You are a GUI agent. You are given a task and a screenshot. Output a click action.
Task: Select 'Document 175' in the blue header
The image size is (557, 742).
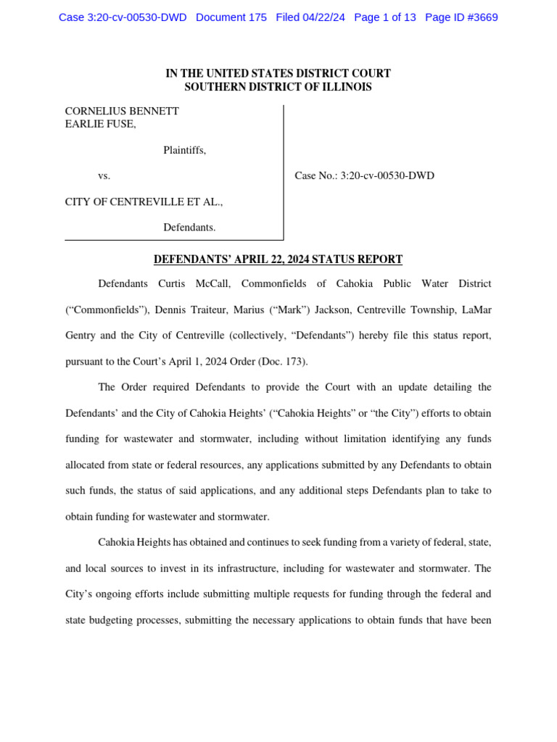(x=231, y=17)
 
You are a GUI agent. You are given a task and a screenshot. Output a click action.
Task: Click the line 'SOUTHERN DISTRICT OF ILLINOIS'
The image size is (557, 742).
(x=278, y=87)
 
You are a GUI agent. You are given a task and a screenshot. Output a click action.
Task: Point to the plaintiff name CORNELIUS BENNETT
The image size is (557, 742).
(x=122, y=112)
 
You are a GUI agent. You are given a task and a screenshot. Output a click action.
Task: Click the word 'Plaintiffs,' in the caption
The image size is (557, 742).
(x=184, y=150)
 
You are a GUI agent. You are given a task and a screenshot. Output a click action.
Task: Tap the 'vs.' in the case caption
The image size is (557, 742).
(x=104, y=176)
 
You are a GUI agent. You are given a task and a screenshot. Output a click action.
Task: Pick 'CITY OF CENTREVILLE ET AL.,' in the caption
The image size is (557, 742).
(x=144, y=202)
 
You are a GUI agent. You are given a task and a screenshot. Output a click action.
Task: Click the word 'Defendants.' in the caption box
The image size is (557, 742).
(x=189, y=228)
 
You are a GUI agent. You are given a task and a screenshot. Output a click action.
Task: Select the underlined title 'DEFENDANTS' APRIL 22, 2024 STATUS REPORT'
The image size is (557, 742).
(x=278, y=259)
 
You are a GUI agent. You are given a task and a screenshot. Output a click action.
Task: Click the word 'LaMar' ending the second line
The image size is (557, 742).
(x=475, y=310)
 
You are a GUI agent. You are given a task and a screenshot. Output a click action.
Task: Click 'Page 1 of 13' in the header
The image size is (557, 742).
(x=385, y=17)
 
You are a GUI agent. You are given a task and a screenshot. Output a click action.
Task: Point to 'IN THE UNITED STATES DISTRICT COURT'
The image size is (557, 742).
(x=278, y=73)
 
